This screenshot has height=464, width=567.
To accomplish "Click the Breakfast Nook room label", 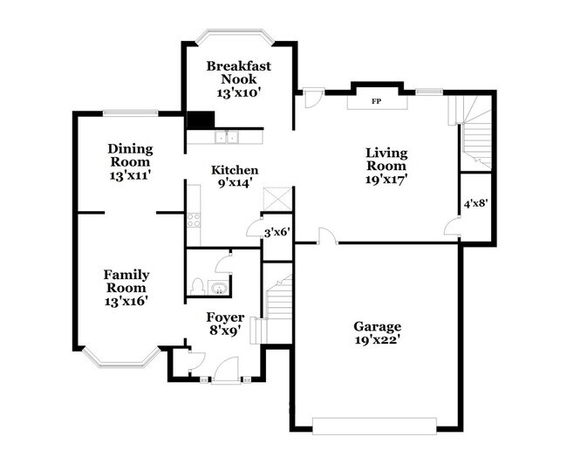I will coord(238,79).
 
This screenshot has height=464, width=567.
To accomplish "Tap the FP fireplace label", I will coord(376,102).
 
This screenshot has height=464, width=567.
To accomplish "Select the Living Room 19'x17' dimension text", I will coord(386,178).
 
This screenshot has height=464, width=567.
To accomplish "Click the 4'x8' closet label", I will coord(475,203).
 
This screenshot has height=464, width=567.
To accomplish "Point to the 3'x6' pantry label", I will coord(277,232).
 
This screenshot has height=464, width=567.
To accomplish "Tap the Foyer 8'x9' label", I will coord(224,324).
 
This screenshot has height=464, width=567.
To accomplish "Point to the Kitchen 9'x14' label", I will coord(235,177).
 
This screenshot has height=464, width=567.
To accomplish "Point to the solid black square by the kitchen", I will coord(200,121).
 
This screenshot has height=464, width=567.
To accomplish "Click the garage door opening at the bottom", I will coord(375,426).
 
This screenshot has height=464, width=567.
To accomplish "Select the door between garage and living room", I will coord(325,236).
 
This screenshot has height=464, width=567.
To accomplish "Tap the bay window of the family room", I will coord(121,358).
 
